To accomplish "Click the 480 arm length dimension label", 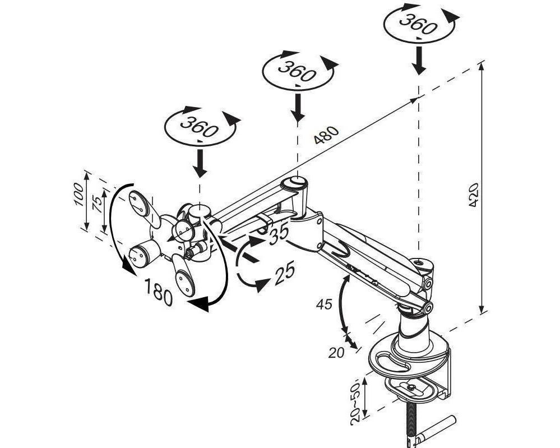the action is click(326, 135).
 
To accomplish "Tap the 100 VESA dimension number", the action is click(78, 195).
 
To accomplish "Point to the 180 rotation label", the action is click(159, 292).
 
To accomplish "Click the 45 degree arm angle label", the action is click(324, 304).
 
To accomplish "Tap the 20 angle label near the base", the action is click(336, 353).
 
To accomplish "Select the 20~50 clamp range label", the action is click(356, 404).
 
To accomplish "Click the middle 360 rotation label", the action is click(297, 71).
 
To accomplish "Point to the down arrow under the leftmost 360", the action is click(200, 163).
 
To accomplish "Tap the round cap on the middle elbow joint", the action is click(294, 183).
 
